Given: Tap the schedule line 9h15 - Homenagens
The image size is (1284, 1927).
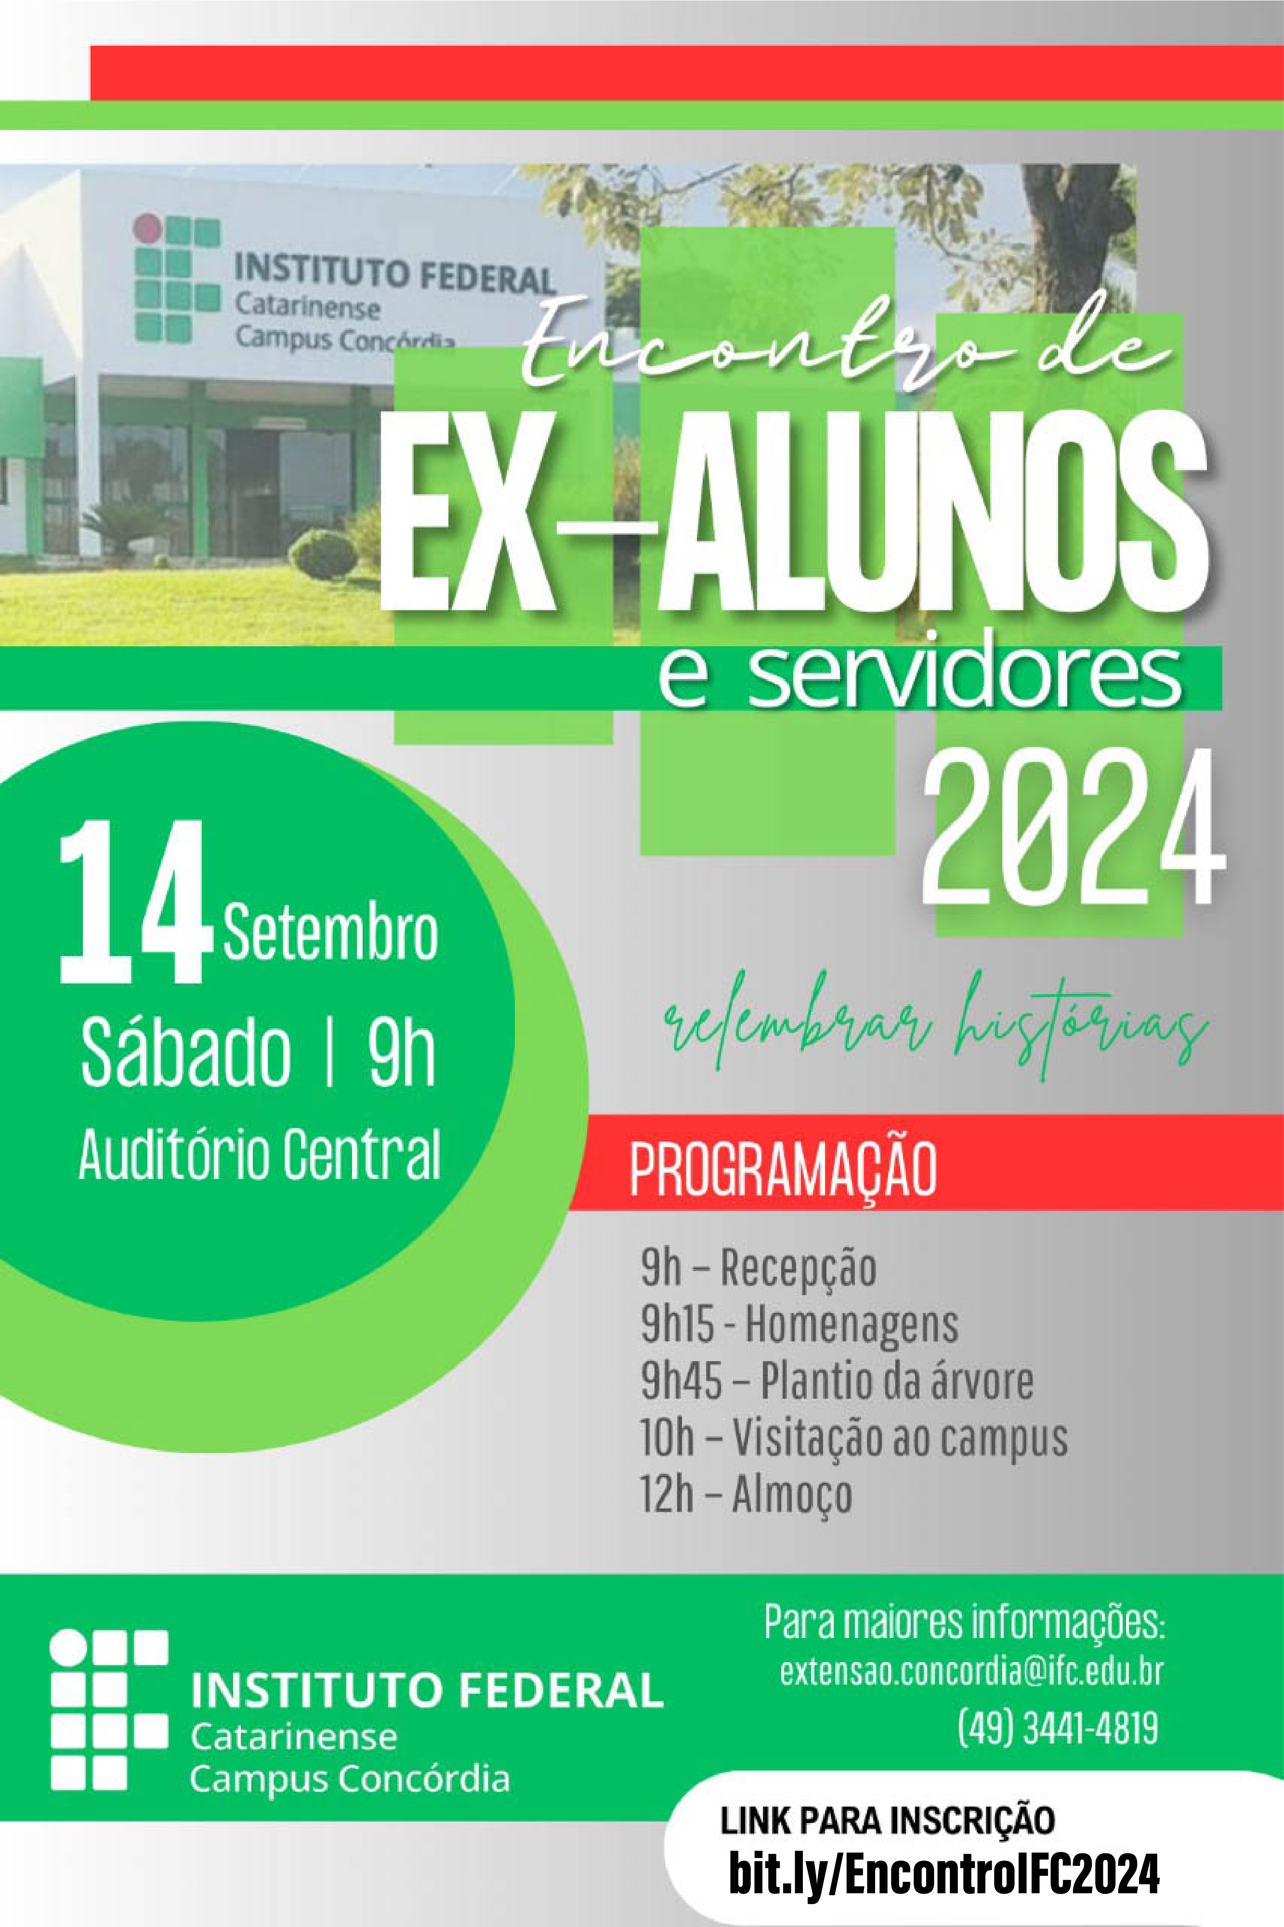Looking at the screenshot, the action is pyautogui.click(x=799, y=1324).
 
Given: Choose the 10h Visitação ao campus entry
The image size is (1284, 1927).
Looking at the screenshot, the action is pyautogui.click(x=854, y=1438).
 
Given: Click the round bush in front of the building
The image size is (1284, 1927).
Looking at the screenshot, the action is pyautogui.click(x=324, y=555).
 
